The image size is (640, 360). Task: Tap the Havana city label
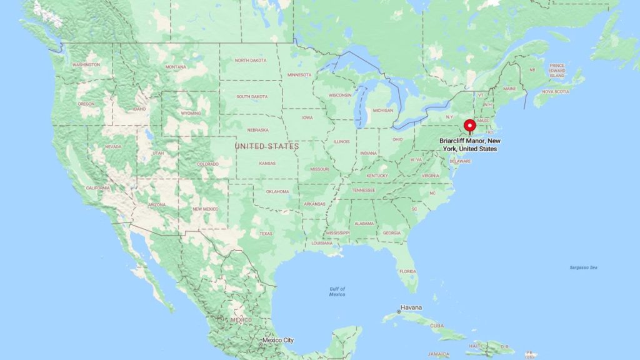tap(411, 307)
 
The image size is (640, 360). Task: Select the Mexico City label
tap(277, 341)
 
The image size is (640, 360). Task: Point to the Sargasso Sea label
tap(583, 267)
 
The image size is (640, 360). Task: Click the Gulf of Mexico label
tap(337, 291)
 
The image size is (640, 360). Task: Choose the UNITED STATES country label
tap(266, 146)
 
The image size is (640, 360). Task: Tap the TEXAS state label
tap(266, 234)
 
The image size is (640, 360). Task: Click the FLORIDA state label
tap(407, 271)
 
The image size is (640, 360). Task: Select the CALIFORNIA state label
tap(98, 188)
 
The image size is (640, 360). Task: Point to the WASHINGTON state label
tap(86, 64)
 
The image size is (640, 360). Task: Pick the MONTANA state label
tap(176, 67)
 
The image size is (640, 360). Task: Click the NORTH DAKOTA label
tap(251, 60)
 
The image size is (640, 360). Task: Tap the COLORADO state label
tap(208, 164)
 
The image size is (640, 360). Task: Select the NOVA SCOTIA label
tap(556, 92)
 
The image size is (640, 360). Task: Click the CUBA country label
tap(437, 326)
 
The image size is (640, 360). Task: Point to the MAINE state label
tap(509, 89)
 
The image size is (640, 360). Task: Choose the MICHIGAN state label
tap(382, 110)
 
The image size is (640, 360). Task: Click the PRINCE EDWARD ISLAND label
tap(557, 71)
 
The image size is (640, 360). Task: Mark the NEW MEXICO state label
tap(205, 209)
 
